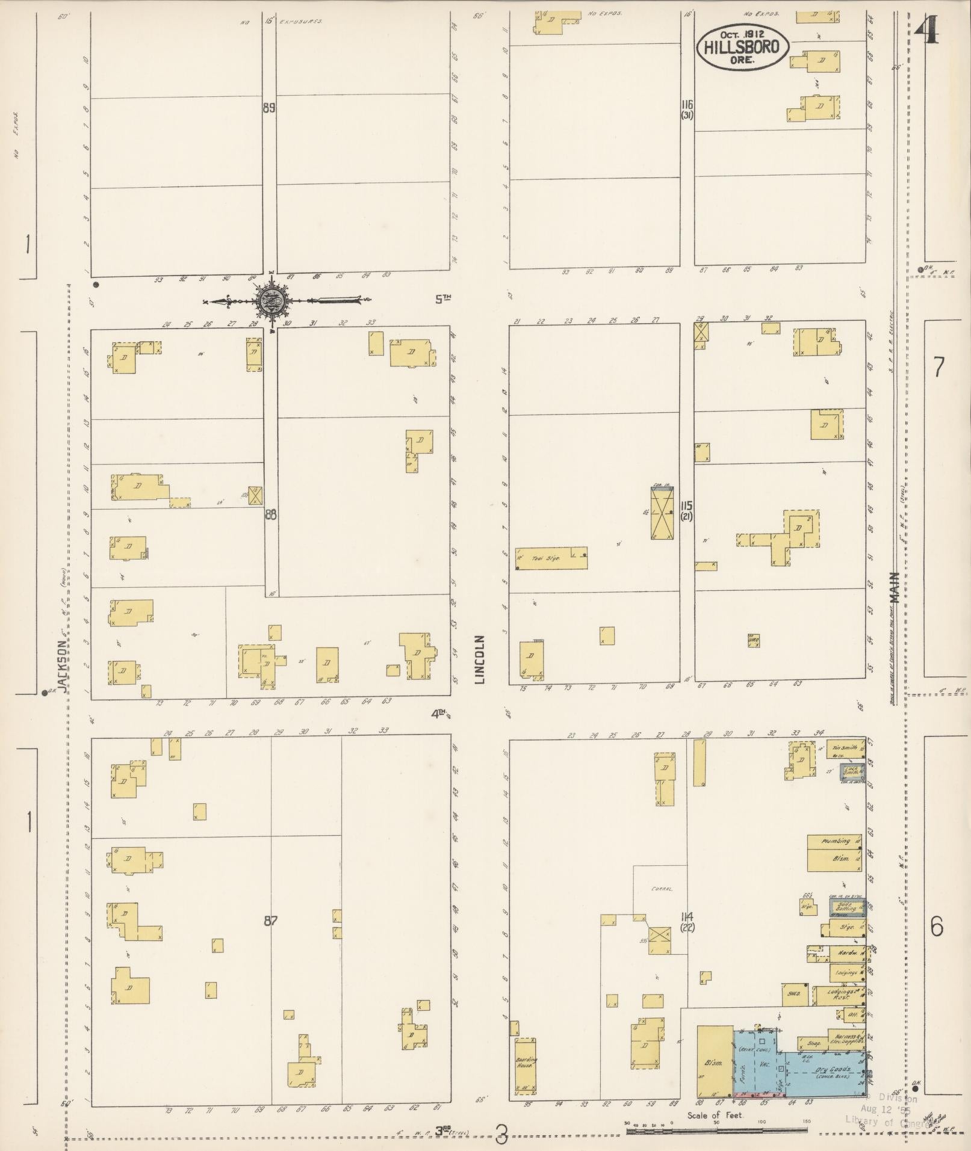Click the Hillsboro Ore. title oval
click(x=742, y=48)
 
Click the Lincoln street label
click(x=480, y=659)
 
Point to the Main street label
click(x=895, y=587)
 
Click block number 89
click(x=269, y=108)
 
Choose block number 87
click(x=270, y=919)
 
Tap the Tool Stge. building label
click(x=547, y=558)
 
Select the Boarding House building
click(x=525, y=1066)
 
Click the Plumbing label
click(x=836, y=841)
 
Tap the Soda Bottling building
click(x=846, y=907)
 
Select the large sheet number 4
click(x=926, y=28)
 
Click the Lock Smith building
click(x=852, y=771)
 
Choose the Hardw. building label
click(x=846, y=953)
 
